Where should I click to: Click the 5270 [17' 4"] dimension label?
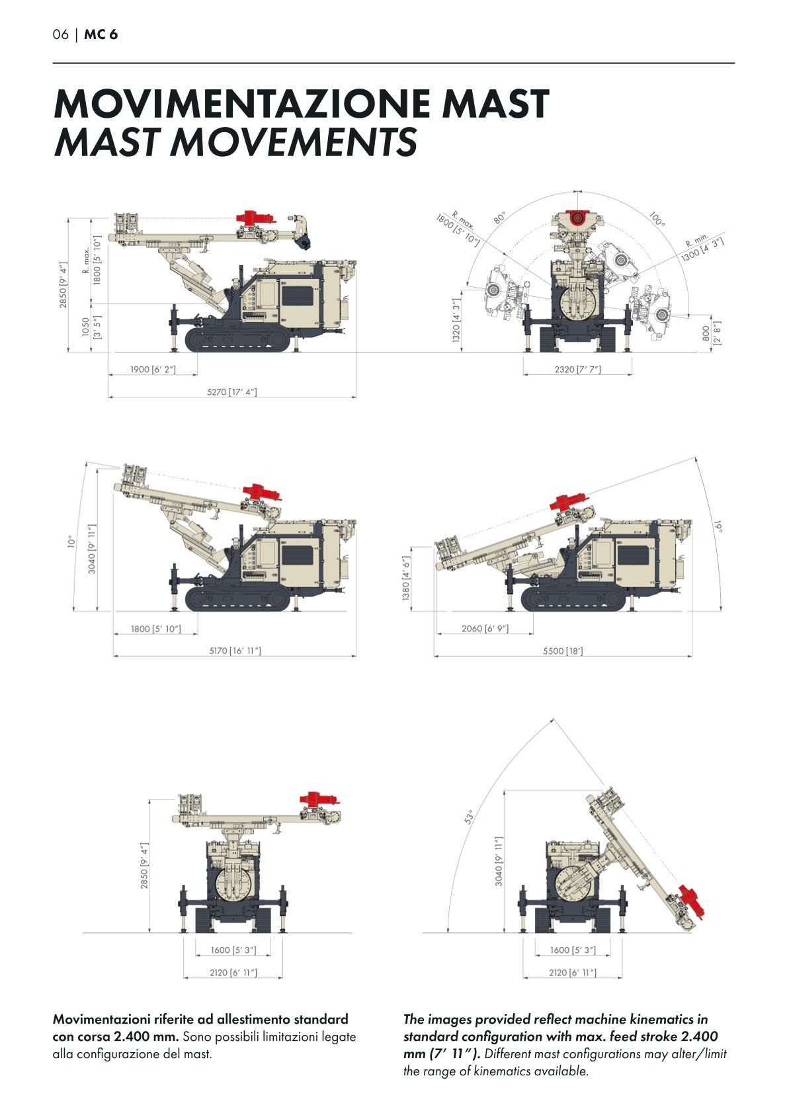click(231, 392)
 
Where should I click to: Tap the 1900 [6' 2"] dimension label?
click(153, 369)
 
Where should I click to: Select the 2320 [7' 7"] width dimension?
click(577, 369)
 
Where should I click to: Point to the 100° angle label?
click(656, 219)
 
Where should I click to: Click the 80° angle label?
click(499, 217)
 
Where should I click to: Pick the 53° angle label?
click(468, 817)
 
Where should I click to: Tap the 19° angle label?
click(719, 526)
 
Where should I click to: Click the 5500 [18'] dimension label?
click(562, 651)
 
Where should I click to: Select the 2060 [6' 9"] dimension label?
click(485, 628)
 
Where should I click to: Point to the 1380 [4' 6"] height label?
click(407, 578)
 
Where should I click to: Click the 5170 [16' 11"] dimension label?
click(235, 651)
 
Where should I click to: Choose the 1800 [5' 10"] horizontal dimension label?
click(155, 629)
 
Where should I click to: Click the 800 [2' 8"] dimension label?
click(710, 333)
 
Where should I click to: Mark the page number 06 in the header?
click(61, 34)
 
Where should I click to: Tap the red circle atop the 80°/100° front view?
click(576, 218)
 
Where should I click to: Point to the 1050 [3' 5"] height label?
click(91, 328)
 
